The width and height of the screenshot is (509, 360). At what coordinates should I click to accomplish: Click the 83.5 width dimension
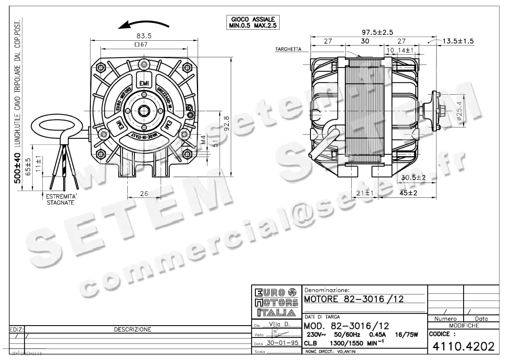coord(145,36)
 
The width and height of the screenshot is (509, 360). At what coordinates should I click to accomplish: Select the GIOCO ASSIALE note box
coord(253,22)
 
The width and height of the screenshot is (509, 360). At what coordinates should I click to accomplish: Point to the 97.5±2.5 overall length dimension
coord(377,32)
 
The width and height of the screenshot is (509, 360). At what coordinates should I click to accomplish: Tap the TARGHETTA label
coord(288,49)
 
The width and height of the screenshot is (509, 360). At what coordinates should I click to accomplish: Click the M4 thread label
coord(204,140)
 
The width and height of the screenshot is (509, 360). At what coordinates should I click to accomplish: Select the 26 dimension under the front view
coord(144,193)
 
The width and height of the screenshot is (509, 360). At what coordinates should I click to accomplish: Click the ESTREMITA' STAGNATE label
coord(61,200)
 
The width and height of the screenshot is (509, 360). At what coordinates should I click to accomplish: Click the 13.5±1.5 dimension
coord(458,41)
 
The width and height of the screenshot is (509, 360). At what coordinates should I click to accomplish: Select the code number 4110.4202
coord(463,347)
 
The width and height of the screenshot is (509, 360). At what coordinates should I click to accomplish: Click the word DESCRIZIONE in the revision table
coord(133,329)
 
